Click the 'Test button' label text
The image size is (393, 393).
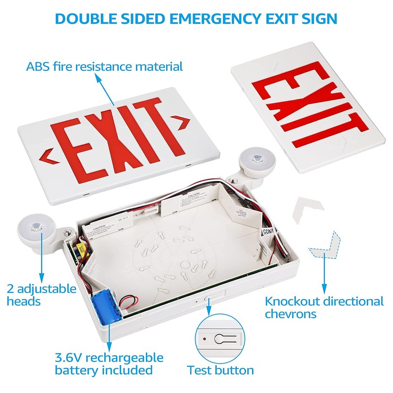(x=221, y=370)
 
